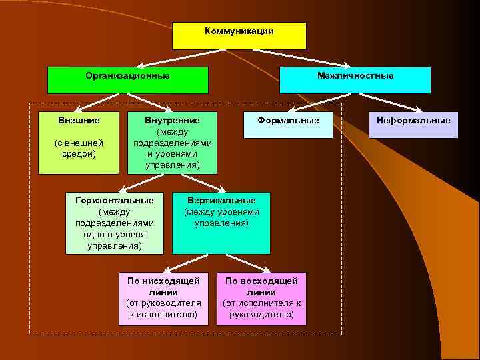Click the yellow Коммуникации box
(x=239, y=36)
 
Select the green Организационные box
(x=127, y=80)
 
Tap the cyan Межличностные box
(x=355, y=80)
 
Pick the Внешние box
(x=79, y=142)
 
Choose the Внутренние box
(x=172, y=142)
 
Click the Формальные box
(x=288, y=125)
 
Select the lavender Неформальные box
(x=413, y=125)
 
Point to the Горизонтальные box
(x=115, y=223)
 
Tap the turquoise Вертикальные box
(x=221, y=223)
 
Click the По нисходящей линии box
(x=159, y=299)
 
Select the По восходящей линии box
(x=261, y=299)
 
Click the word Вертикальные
(x=221, y=200)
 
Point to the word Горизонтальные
(x=115, y=200)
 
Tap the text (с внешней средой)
(x=79, y=148)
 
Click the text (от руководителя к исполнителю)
(x=159, y=309)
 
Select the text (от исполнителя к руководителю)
(x=261, y=309)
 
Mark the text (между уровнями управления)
(x=221, y=217)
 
